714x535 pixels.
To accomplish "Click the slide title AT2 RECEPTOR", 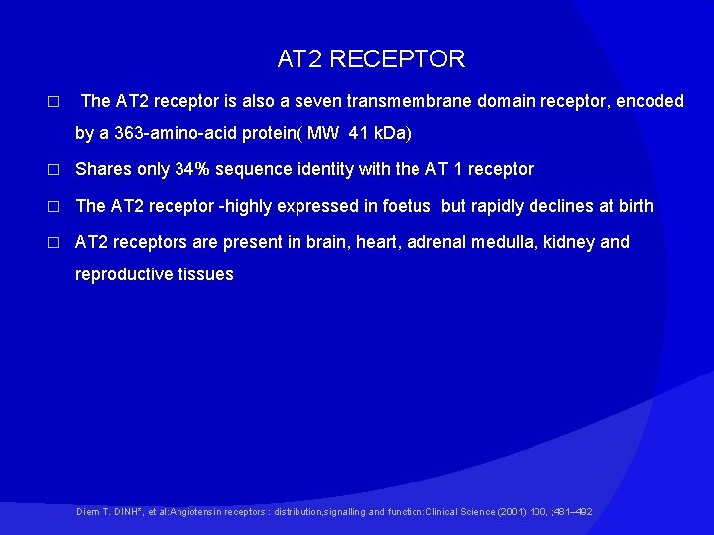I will pyautogui.click(x=371, y=59).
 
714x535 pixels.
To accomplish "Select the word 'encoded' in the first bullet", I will pyautogui.click(x=651, y=101).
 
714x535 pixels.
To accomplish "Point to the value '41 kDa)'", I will pyautogui.click(x=380, y=133).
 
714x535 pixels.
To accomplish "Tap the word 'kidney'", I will pyautogui.click(x=570, y=242).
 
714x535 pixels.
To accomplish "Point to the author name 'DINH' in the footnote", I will pyautogui.click(x=125, y=512).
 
